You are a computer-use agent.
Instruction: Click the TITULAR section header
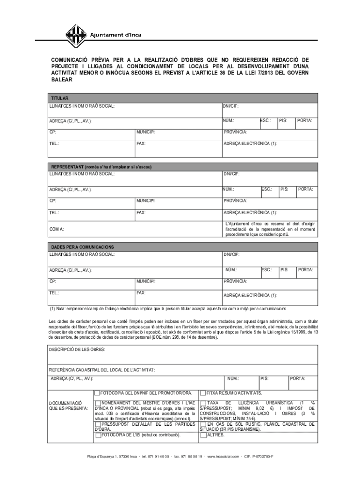[60, 99]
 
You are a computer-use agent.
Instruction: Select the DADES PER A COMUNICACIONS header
[83, 247]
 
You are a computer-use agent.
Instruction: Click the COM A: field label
[58, 229]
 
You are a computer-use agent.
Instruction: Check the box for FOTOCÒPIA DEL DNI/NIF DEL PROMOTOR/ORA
[97, 393]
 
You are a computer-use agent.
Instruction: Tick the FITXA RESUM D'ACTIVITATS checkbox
[203, 393]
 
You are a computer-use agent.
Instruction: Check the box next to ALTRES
[203, 435]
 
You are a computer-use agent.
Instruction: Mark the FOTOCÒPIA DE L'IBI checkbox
[97, 435]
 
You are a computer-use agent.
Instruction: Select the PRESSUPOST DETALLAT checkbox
[97, 424]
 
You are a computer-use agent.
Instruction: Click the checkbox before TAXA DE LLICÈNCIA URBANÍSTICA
[203, 403]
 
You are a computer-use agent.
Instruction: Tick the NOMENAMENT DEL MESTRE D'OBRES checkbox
[97, 403]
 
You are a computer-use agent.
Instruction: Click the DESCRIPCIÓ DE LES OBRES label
[77, 349]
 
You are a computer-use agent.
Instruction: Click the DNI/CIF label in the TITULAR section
[231, 107]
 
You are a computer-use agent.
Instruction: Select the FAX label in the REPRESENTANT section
[141, 213]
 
